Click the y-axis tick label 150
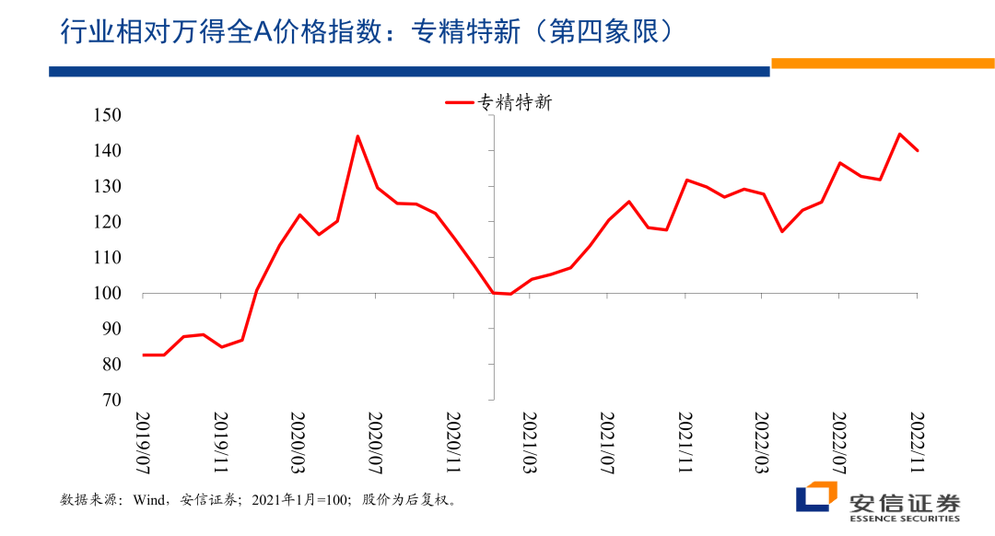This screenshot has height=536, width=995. [x=109, y=115]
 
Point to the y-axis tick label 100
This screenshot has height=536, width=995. [x=109, y=294]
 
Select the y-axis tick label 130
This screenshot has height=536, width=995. [x=109, y=187]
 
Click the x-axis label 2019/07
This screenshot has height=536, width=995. [x=145, y=441]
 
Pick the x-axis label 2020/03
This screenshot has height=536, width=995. [x=298, y=441]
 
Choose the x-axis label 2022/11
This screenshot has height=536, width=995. [x=917, y=441]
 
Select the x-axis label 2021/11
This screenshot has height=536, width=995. [x=685, y=441]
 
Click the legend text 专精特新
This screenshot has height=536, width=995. [x=514, y=103]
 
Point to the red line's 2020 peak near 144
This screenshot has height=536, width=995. [x=357, y=136]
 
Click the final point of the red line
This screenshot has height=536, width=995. [x=918, y=150]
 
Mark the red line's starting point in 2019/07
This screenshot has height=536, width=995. [x=144, y=355]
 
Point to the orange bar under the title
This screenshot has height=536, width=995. [x=882, y=64]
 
